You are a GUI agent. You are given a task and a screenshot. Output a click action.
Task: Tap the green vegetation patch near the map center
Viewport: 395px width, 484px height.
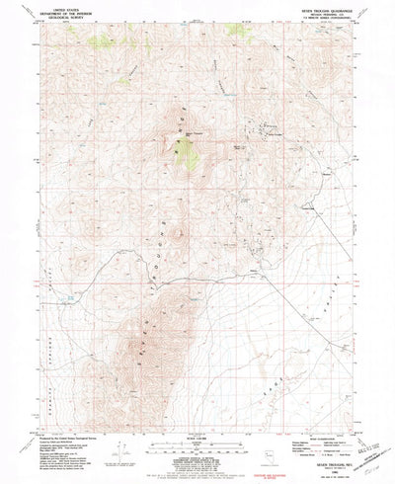[x=182, y=150]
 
